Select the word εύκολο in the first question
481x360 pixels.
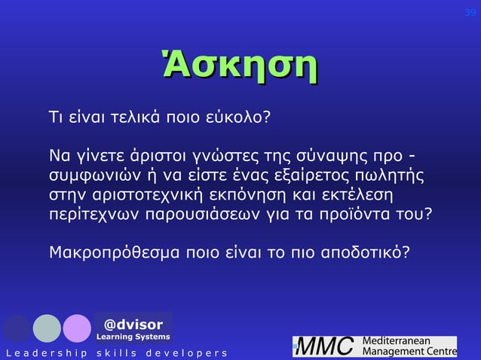[237, 119]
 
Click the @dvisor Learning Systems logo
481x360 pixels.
[133, 329]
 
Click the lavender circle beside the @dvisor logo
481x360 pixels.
[77, 328]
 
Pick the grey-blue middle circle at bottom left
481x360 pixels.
[47, 328]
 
